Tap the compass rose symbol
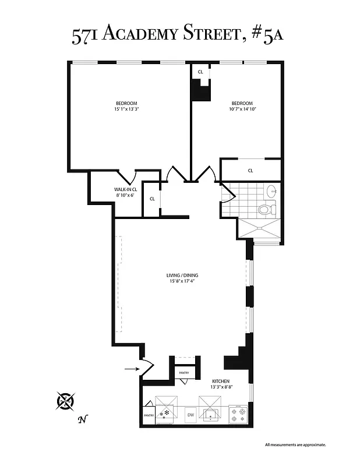point(66,401)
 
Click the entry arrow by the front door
point(131,368)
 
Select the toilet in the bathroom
point(264,208)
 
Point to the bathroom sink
point(271,190)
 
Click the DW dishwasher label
point(190,415)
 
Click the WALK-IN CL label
point(125,189)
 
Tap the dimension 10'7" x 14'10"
point(242,109)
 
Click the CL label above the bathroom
point(250,171)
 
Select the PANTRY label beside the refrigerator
point(147,416)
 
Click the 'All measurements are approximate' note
point(295,444)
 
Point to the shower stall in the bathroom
point(260,230)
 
